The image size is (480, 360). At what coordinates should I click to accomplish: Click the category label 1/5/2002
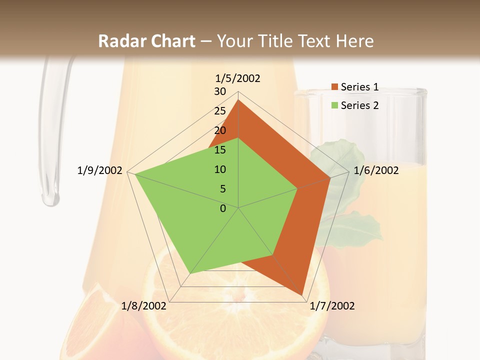(238, 78)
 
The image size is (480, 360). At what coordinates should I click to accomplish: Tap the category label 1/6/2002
(376, 170)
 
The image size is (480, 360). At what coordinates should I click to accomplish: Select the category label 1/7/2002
(332, 306)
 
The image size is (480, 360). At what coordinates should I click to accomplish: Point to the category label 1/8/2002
(144, 306)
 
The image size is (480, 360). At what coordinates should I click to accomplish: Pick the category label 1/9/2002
(100, 170)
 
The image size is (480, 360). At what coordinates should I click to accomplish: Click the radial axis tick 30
(220, 91)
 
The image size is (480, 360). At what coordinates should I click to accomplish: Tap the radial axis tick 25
(220, 111)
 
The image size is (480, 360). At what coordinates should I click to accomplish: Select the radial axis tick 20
(220, 130)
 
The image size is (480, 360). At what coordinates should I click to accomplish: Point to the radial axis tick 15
(220, 150)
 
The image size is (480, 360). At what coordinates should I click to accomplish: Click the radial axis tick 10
(220, 169)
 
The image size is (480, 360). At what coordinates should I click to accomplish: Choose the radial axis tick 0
(223, 208)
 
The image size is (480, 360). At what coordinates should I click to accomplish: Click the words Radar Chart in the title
(146, 41)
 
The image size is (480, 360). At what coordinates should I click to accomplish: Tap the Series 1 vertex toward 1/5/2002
(238, 100)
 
